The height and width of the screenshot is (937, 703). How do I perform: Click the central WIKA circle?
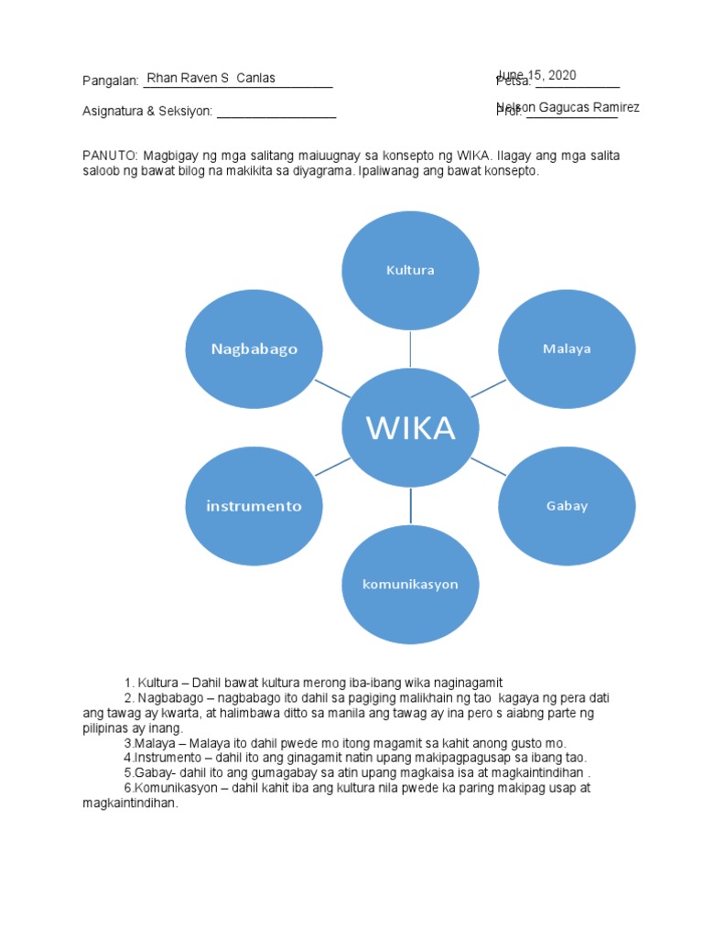coord(411,427)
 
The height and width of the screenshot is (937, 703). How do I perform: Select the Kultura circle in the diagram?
coord(411,270)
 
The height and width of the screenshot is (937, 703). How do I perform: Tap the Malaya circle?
coord(567,349)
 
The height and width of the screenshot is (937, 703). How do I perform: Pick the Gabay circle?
coord(567,506)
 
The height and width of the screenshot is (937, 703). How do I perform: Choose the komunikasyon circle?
coord(411,584)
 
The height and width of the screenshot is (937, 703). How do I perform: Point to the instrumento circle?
coord(254,506)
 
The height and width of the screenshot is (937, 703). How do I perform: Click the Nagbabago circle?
coord(254,349)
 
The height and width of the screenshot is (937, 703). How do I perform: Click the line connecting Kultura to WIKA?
coord(411,348)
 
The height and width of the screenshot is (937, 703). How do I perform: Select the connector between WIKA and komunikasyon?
coord(411,506)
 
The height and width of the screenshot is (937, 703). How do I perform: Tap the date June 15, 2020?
coord(536,75)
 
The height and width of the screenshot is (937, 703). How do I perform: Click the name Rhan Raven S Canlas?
coord(211,78)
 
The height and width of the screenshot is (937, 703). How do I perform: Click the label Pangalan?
coord(110,81)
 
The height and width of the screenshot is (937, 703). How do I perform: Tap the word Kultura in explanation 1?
coord(156,683)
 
